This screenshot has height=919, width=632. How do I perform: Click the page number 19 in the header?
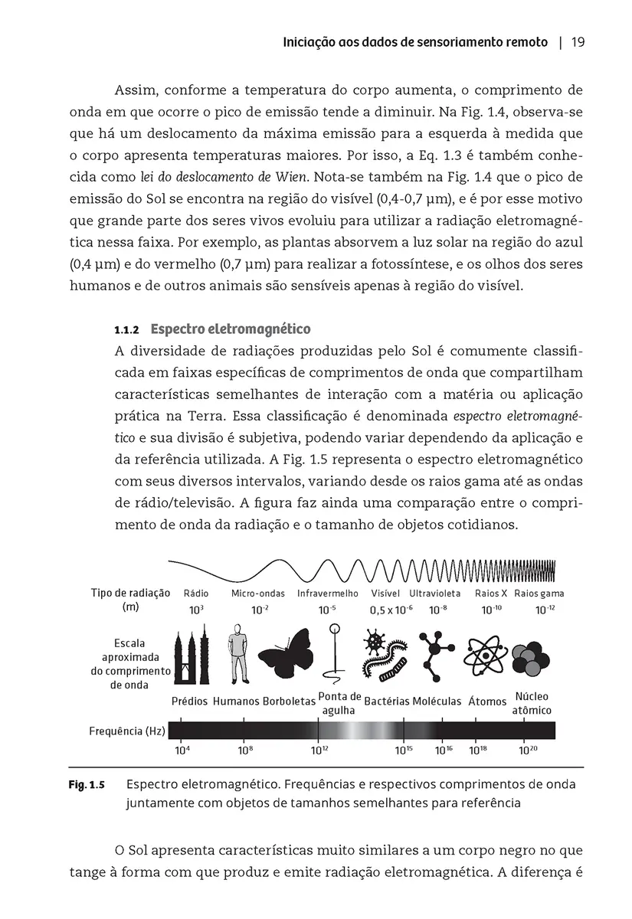(578, 42)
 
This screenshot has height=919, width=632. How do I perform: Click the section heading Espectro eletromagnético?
(231, 329)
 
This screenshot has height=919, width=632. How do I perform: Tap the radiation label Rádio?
(196, 594)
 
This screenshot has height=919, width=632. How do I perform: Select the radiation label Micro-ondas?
(258, 594)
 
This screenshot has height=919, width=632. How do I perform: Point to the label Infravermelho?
(327, 594)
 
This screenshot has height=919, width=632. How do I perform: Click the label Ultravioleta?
(435, 594)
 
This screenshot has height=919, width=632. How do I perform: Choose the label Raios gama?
(539, 594)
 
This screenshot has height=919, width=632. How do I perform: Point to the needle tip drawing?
(334, 655)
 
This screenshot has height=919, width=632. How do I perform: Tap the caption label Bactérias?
(387, 701)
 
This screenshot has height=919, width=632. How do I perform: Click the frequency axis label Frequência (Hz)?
(127, 731)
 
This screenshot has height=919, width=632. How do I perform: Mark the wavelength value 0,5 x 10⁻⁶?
(391, 610)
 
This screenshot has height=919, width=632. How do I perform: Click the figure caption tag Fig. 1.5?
(86, 785)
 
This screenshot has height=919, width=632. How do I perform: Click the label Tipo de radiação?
(130, 594)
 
